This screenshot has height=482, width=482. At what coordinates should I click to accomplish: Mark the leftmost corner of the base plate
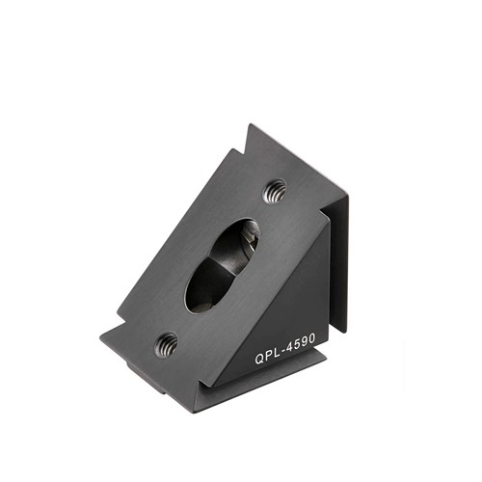tap(101, 339)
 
